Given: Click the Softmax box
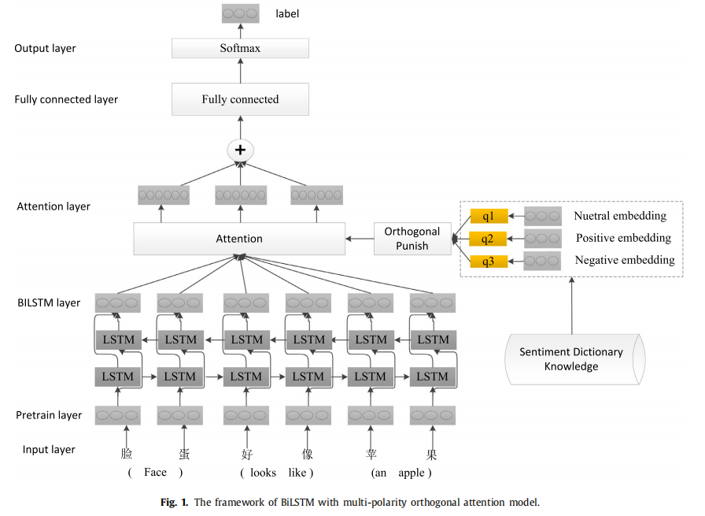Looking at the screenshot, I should point(240,48).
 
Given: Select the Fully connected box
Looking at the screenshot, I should point(240,99).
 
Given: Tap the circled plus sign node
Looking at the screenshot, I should point(240,150).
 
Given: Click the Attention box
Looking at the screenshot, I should point(239,238).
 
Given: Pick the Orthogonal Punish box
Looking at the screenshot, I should point(412,238).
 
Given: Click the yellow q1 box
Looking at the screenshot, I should point(489,216).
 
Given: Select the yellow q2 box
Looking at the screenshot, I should point(489,238).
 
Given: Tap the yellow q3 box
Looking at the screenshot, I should point(489,261).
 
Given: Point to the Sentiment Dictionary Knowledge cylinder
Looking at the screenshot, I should point(571,359).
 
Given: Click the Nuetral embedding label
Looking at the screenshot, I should point(619,216).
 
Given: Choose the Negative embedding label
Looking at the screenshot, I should point(624,260).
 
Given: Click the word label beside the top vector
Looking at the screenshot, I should point(287,13).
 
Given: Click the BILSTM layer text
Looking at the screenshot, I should point(49,303).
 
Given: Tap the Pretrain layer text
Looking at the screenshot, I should point(49,415).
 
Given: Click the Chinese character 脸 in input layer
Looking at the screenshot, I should point(127,454).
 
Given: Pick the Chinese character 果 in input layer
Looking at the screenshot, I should point(432,454).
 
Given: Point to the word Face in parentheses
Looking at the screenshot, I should point(155,473).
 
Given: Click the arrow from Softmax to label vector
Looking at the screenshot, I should point(240,30).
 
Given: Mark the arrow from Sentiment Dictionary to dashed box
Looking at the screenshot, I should point(571,303).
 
